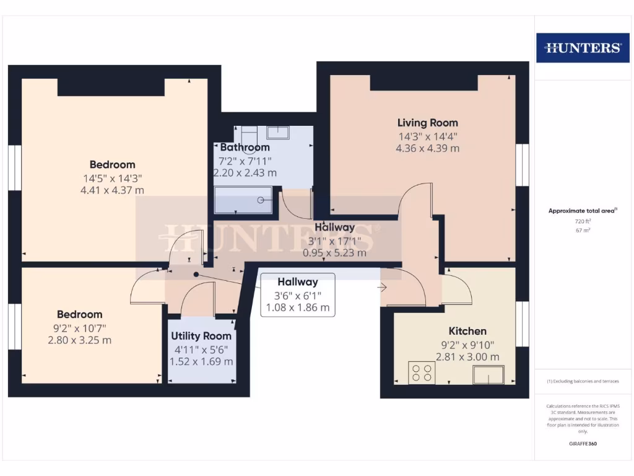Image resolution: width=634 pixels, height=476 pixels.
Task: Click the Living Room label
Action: pyautogui.click(x=427, y=123)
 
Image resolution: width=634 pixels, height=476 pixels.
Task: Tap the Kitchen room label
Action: pyautogui.click(x=467, y=331)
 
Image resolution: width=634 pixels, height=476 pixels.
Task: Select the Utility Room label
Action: pyautogui.click(x=201, y=336)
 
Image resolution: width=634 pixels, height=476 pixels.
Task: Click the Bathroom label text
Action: pyautogui.click(x=245, y=148)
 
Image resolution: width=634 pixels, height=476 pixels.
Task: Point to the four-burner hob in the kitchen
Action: pyautogui.click(x=422, y=372)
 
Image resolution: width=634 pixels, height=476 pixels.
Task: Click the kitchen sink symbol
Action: pyautogui.click(x=489, y=374)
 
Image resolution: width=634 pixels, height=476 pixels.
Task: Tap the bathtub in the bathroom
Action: pyautogui.click(x=244, y=200)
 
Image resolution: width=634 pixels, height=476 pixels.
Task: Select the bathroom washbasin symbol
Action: pyautogui.click(x=278, y=132)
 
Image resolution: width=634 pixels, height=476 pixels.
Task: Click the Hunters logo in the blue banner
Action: pyautogui.click(x=583, y=48)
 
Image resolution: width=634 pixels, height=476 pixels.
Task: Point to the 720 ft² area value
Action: pyautogui.click(x=583, y=221)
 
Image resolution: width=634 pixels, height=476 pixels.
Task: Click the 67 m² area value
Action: pyautogui.click(x=583, y=230)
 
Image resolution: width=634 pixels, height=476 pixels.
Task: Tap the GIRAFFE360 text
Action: pyautogui.click(x=583, y=444)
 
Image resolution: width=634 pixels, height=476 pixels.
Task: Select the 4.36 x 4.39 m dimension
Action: pyautogui.click(x=427, y=149)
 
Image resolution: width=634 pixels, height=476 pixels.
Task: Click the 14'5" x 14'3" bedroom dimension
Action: pyautogui.click(x=112, y=178)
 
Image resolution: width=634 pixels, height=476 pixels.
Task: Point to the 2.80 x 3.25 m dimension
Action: pyautogui.click(x=80, y=340)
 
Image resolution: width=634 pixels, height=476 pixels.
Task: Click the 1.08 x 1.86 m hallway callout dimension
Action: pyautogui.click(x=298, y=307)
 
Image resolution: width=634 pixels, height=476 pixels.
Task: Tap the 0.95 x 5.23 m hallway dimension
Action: pyautogui.click(x=334, y=253)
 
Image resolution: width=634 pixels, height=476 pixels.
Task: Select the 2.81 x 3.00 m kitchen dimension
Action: pyautogui.click(x=467, y=357)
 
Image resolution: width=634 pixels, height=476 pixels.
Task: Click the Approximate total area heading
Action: pyautogui.click(x=583, y=211)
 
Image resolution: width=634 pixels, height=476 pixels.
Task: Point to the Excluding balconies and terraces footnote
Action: pyautogui.click(x=583, y=381)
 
